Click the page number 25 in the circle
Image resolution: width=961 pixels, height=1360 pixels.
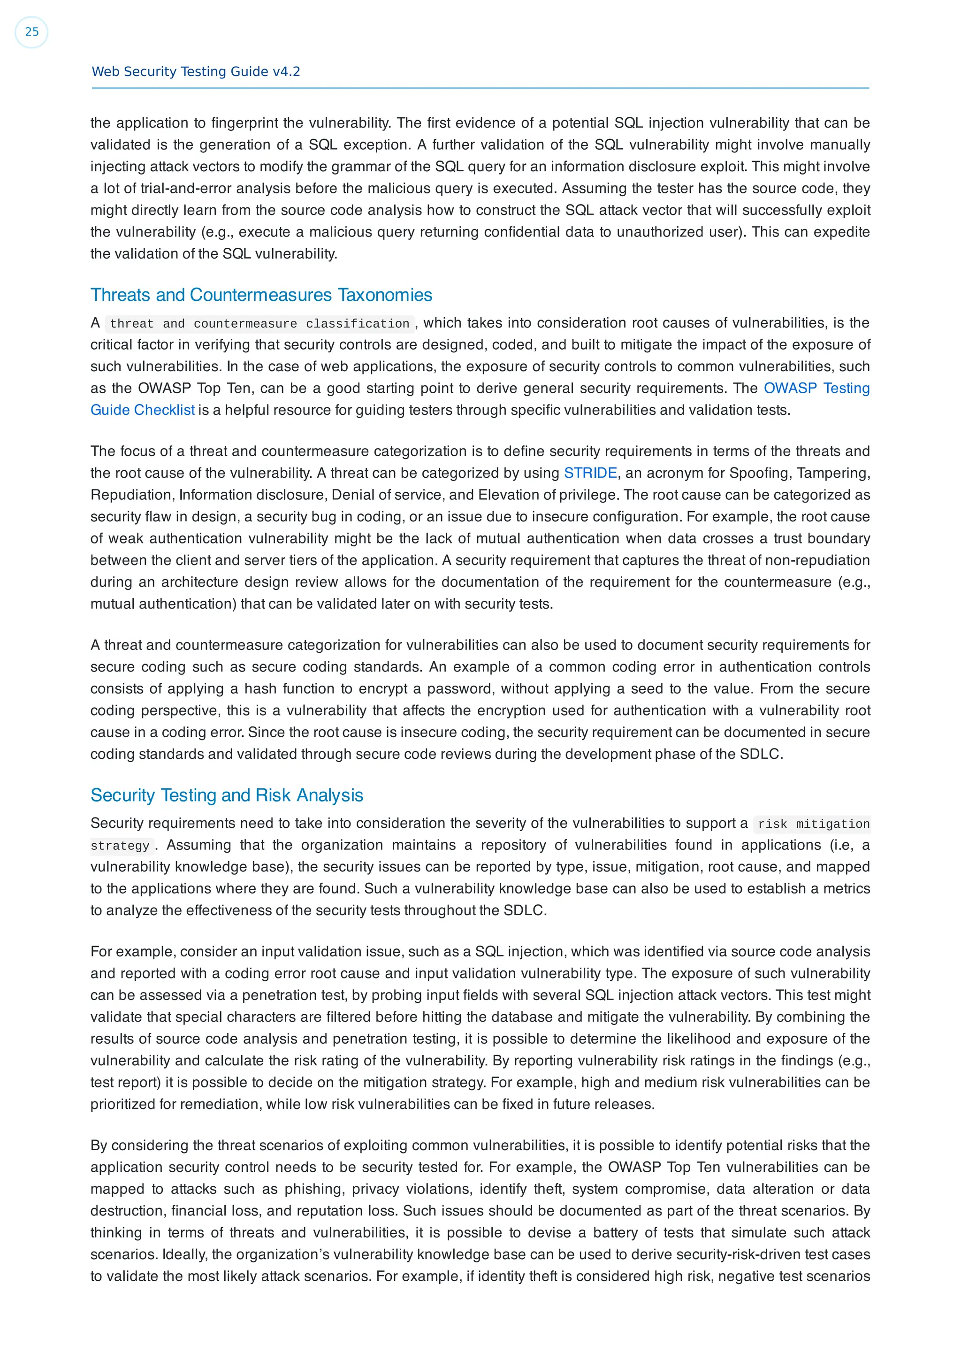tap(31, 32)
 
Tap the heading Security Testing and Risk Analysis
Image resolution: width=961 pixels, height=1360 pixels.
tap(227, 795)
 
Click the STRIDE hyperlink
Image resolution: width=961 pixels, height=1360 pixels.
tap(590, 473)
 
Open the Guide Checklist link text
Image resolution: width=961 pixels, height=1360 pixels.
tap(142, 410)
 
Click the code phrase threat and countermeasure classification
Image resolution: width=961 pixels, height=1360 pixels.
tap(259, 323)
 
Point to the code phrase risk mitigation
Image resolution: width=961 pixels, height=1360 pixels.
tap(813, 824)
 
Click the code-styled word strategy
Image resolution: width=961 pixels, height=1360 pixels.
tap(120, 846)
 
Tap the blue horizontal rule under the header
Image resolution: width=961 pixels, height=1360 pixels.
tap(480, 88)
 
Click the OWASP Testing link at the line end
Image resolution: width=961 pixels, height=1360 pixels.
tap(816, 388)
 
